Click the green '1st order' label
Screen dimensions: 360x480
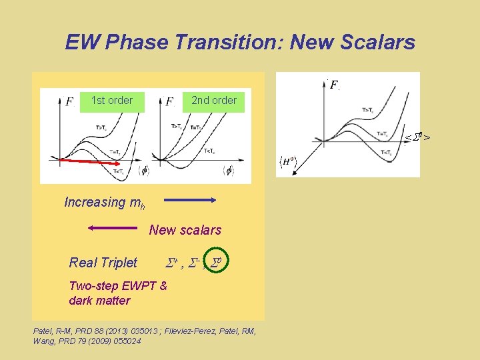click(x=112, y=101)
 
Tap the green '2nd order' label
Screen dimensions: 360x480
click(x=213, y=101)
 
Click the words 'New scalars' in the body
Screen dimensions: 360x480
click(x=185, y=230)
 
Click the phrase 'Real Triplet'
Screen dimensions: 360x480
click(x=103, y=263)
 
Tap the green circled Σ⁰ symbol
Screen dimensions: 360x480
click(x=217, y=262)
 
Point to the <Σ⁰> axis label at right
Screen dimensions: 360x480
click(x=417, y=137)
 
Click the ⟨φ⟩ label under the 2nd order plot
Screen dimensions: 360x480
click(x=228, y=171)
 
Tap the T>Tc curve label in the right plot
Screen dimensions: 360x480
click(x=367, y=109)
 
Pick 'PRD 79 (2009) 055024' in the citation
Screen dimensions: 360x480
click(x=99, y=341)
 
